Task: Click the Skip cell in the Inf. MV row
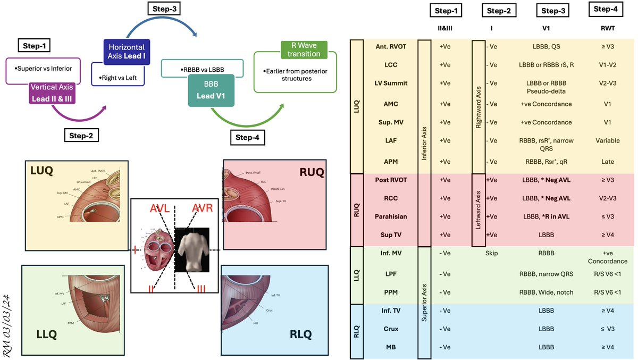492,253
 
